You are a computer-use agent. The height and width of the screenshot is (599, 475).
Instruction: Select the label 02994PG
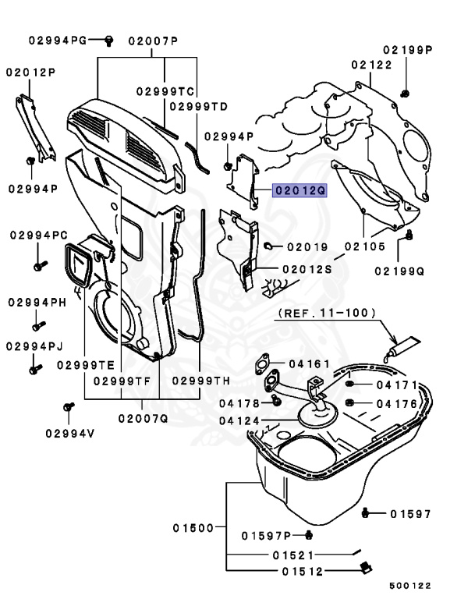(58, 39)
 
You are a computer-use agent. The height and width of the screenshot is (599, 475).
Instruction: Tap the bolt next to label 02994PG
(109, 38)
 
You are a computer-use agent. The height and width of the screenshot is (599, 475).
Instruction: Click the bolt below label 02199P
(406, 94)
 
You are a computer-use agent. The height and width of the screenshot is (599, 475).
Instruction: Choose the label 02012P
(30, 73)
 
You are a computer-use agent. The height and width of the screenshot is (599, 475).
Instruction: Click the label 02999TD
(198, 106)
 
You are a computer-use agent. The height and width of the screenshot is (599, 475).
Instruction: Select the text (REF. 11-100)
(326, 313)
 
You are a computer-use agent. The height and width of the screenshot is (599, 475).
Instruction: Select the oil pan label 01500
(193, 528)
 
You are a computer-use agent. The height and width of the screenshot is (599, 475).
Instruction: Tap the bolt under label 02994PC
(37, 267)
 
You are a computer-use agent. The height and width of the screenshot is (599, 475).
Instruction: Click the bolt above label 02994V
(68, 406)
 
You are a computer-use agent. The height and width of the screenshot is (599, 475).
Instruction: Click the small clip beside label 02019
(268, 246)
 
